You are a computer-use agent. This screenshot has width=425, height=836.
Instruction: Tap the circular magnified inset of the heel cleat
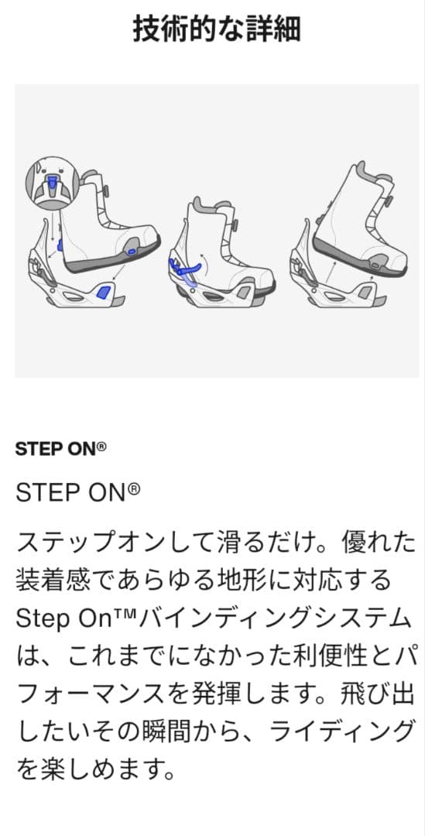click(x=52, y=183)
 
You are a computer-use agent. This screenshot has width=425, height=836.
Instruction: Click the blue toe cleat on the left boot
click(x=130, y=251)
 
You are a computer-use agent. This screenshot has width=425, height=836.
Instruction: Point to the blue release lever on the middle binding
click(x=186, y=268)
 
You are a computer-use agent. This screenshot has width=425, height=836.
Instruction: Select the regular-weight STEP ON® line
click(x=77, y=492)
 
